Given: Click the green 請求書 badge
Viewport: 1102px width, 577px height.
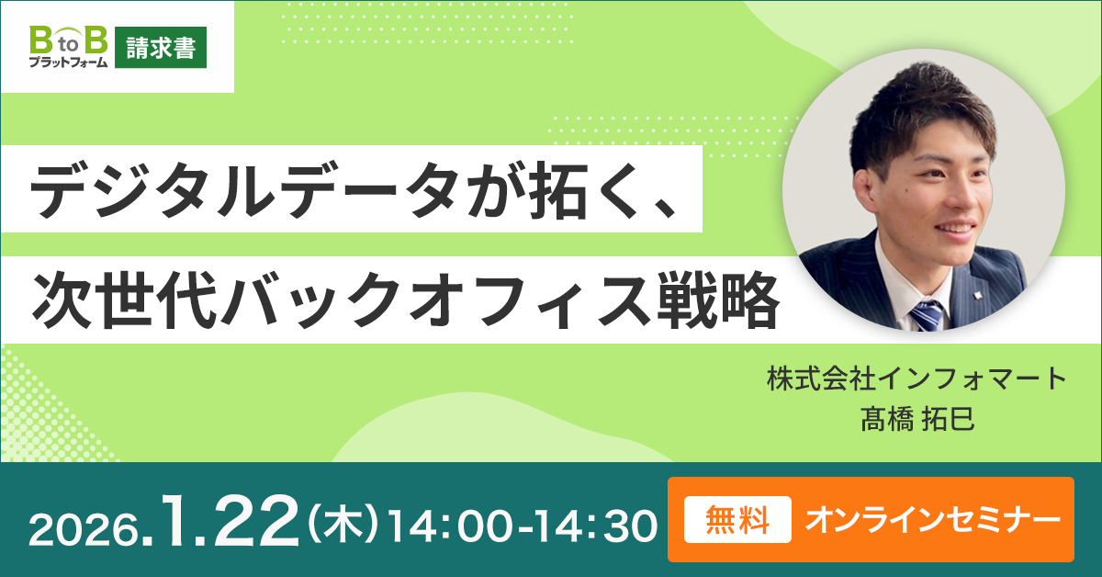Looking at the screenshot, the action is [x=161, y=47].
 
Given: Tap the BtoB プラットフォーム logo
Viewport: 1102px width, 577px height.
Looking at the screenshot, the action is [x=68, y=47].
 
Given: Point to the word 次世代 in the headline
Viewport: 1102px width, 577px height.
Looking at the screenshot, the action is [x=124, y=300].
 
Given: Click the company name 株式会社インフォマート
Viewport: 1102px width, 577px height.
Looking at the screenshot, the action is [x=916, y=379].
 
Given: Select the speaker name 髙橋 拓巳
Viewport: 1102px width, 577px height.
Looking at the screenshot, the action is [x=917, y=420].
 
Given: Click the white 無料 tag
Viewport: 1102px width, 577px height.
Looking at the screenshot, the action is [x=737, y=519].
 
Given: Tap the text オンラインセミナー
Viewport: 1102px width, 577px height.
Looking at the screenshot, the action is [x=932, y=520].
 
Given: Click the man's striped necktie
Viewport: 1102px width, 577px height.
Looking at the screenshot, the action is [x=927, y=314].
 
